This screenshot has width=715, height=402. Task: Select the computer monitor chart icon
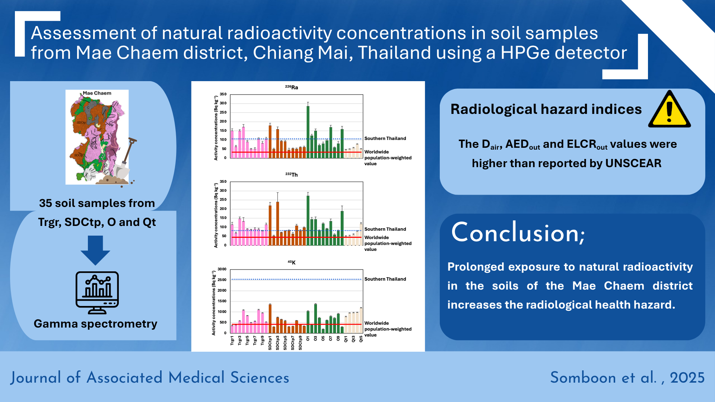click(97, 293)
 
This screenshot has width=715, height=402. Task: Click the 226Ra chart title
click(292, 87)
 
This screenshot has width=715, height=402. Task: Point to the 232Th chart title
click(292, 175)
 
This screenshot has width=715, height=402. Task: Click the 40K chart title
click(292, 262)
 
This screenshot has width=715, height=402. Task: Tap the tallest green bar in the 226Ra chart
click(308, 132)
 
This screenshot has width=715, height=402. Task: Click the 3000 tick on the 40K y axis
click(222, 269)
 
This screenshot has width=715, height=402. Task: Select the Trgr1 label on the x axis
click(232, 341)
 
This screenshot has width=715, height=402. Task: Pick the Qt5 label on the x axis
click(361, 339)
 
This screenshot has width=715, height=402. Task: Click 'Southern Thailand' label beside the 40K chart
click(385, 279)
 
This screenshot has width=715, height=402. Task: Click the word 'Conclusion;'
click(518, 233)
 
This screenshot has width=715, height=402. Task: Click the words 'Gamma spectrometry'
click(95, 324)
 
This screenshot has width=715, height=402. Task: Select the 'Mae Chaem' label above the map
click(97, 93)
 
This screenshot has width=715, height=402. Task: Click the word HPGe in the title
click(525, 53)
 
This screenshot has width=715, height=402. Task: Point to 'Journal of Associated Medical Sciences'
click(150, 377)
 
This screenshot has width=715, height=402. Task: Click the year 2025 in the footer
click(687, 378)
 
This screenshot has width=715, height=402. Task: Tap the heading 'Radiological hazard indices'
click(546, 109)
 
